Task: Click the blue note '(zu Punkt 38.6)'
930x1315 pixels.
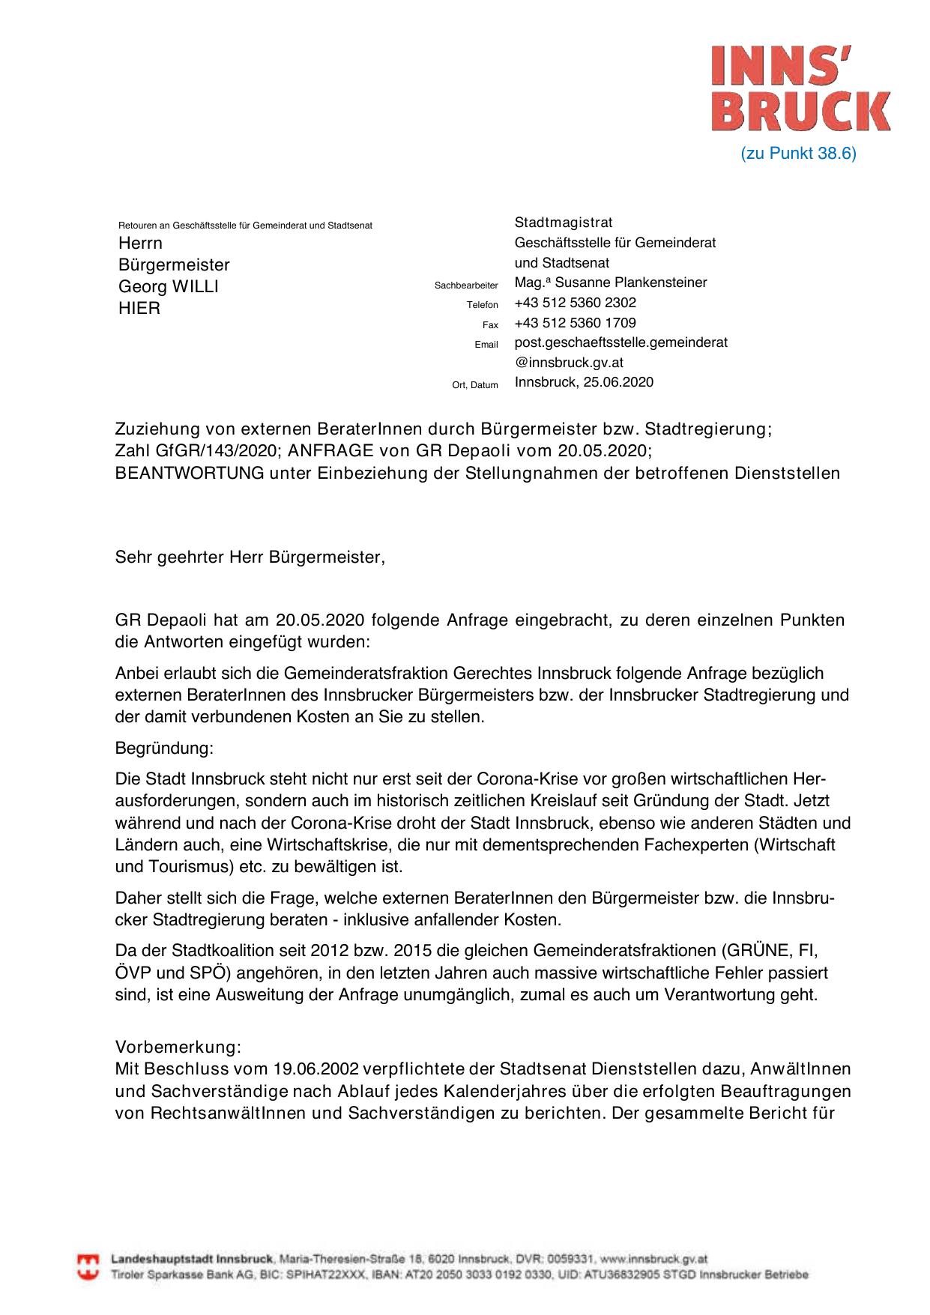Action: click(798, 154)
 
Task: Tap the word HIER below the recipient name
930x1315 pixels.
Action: click(139, 308)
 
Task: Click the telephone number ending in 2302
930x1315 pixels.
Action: click(575, 303)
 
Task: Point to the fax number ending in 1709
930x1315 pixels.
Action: click(575, 323)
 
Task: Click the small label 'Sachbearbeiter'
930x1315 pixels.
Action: click(466, 285)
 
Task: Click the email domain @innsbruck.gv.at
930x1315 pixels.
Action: click(569, 363)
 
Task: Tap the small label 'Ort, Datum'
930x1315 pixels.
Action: click(475, 385)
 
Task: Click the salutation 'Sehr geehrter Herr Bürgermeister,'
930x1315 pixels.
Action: click(250, 557)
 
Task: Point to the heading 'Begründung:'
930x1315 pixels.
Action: click(164, 748)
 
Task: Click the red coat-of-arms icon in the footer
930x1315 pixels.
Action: click(89, 1267)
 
